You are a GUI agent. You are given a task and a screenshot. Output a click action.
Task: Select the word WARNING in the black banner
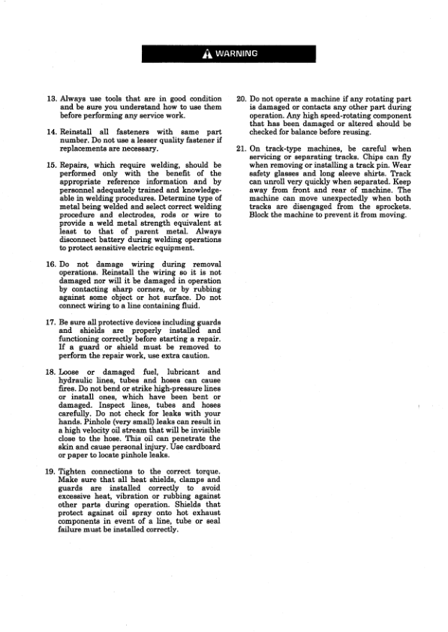coord(236,54)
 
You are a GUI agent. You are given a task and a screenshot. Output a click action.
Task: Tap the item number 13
coord(51,99)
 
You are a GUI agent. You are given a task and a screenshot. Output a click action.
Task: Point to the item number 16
coord(51,265)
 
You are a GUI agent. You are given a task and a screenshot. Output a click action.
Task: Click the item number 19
coord(51,472)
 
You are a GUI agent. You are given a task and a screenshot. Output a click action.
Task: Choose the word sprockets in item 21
coord(389,207)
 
